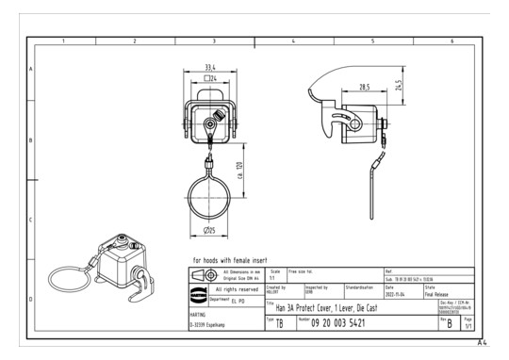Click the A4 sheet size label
481,345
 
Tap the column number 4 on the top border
294,42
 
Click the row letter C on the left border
30,221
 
